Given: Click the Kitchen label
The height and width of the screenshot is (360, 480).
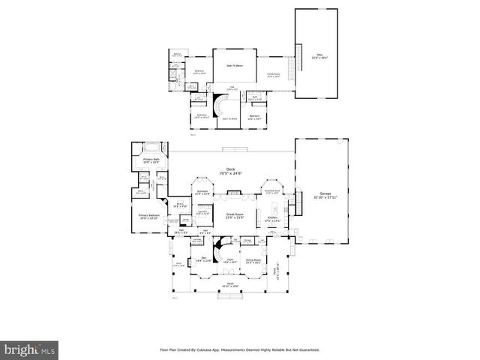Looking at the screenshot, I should pos(272,219).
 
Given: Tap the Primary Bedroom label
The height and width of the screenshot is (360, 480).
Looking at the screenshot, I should pos(148,217).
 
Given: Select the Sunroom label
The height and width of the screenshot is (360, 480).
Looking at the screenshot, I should pos(202,192).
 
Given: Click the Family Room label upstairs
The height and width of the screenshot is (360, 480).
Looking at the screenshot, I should pos(274,74).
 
